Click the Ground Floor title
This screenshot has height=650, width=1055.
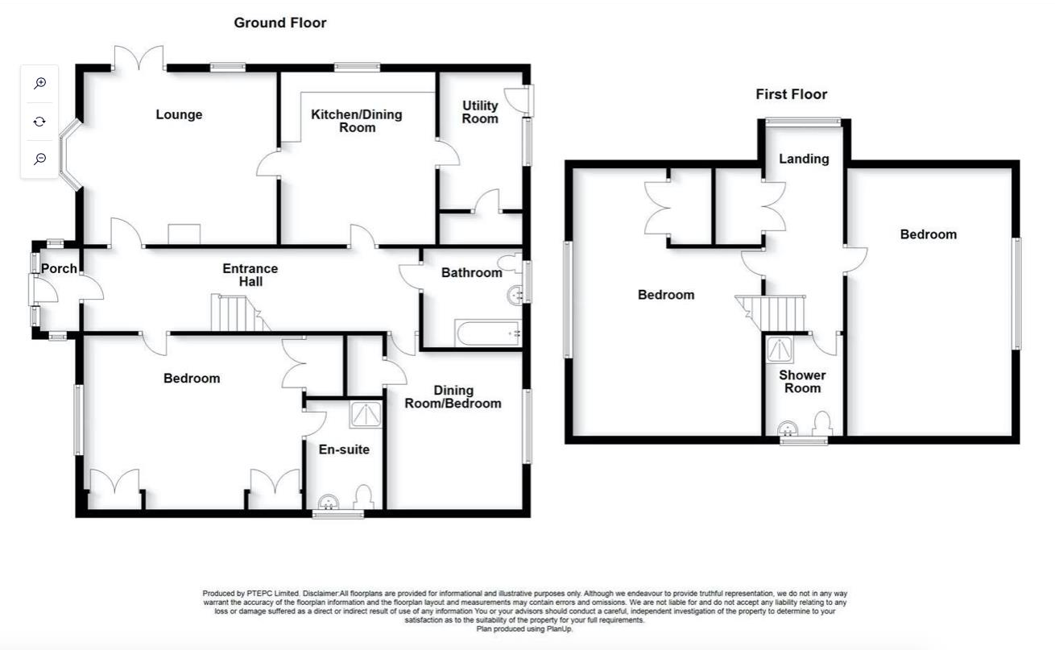pyautogui.click(x=280, y=23)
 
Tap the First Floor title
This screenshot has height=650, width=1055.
pyautogui.click(x=791, y=94)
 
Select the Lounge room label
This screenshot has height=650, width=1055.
pyautogui.click(x=179, y=114)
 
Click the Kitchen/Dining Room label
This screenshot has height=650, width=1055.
pyautogui.click(x=357, y=121)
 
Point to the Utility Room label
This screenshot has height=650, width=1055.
pyautogui.click(x=480, y=112)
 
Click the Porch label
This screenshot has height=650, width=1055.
pyautogui.click(x=59, y=268)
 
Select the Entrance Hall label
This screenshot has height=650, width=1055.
pyautogui.click(x=250, y=275)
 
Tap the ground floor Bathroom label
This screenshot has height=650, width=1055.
pyautogui.click(x=471, y=272)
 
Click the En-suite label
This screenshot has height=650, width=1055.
pyautogui.click(x=344, y=449)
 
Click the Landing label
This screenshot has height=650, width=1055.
pyautogui.click(x=804, y=159)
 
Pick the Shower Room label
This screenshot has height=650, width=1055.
pyautogui.click(x=802, y=382)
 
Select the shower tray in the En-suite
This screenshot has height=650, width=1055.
pyautogui.click(x=366, y=414)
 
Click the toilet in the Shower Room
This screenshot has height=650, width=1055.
pyautogui.click(x=822, y=424)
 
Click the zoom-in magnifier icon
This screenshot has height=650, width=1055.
pyautogui.click(x=39, y=83)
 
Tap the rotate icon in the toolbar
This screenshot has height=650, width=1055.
pyautogui.click(x=39, y=122)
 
